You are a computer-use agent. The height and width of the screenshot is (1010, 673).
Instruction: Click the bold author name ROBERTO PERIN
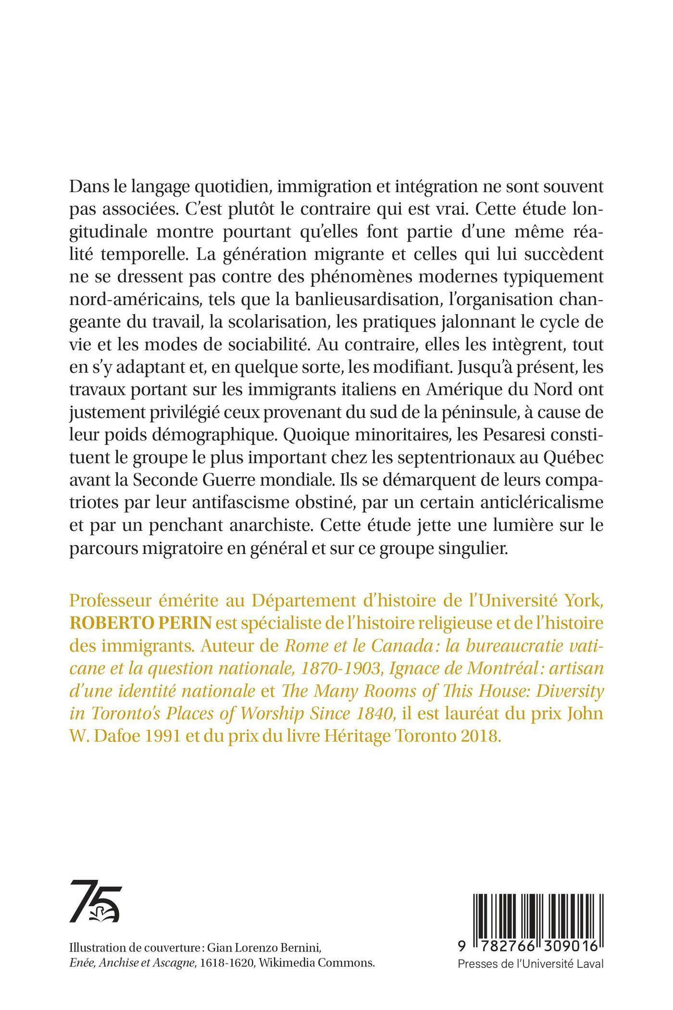point(141,624)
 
